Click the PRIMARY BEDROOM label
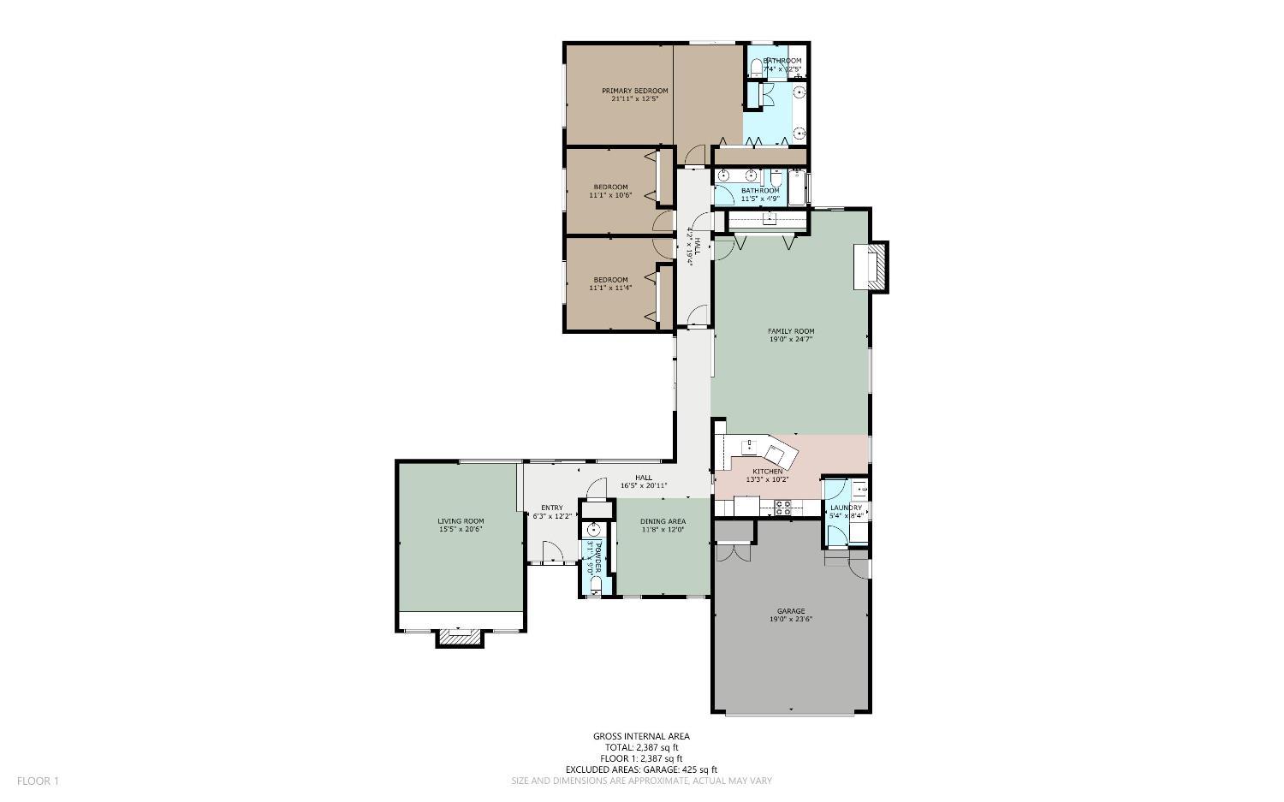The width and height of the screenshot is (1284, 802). [x=634, y=91]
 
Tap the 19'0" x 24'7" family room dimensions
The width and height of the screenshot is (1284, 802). [x=790, y=339]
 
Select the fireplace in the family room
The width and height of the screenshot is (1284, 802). [x=875, y=266]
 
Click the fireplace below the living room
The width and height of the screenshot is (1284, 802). [x=461, y=637]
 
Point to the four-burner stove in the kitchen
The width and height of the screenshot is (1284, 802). [x=782, y=506]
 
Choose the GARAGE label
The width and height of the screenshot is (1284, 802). [x=790, y=611]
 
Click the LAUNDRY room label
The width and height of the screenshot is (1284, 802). [x=846, y=508]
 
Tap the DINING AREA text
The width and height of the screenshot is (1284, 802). [x=663, y=521]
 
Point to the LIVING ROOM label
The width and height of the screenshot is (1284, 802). [x=461, y=521]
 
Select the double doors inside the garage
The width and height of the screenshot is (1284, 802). [x=733, y=553]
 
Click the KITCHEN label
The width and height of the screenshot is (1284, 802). [x=767, y=472]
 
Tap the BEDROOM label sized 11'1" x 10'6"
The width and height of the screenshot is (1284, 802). [x=610, y=187]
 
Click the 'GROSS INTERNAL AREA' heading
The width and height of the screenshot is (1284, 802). [x=641, y=736]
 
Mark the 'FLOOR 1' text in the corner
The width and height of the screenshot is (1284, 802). [x=38, y=781]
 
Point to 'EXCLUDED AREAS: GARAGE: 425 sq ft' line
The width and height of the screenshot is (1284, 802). [x=641, y=769]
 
